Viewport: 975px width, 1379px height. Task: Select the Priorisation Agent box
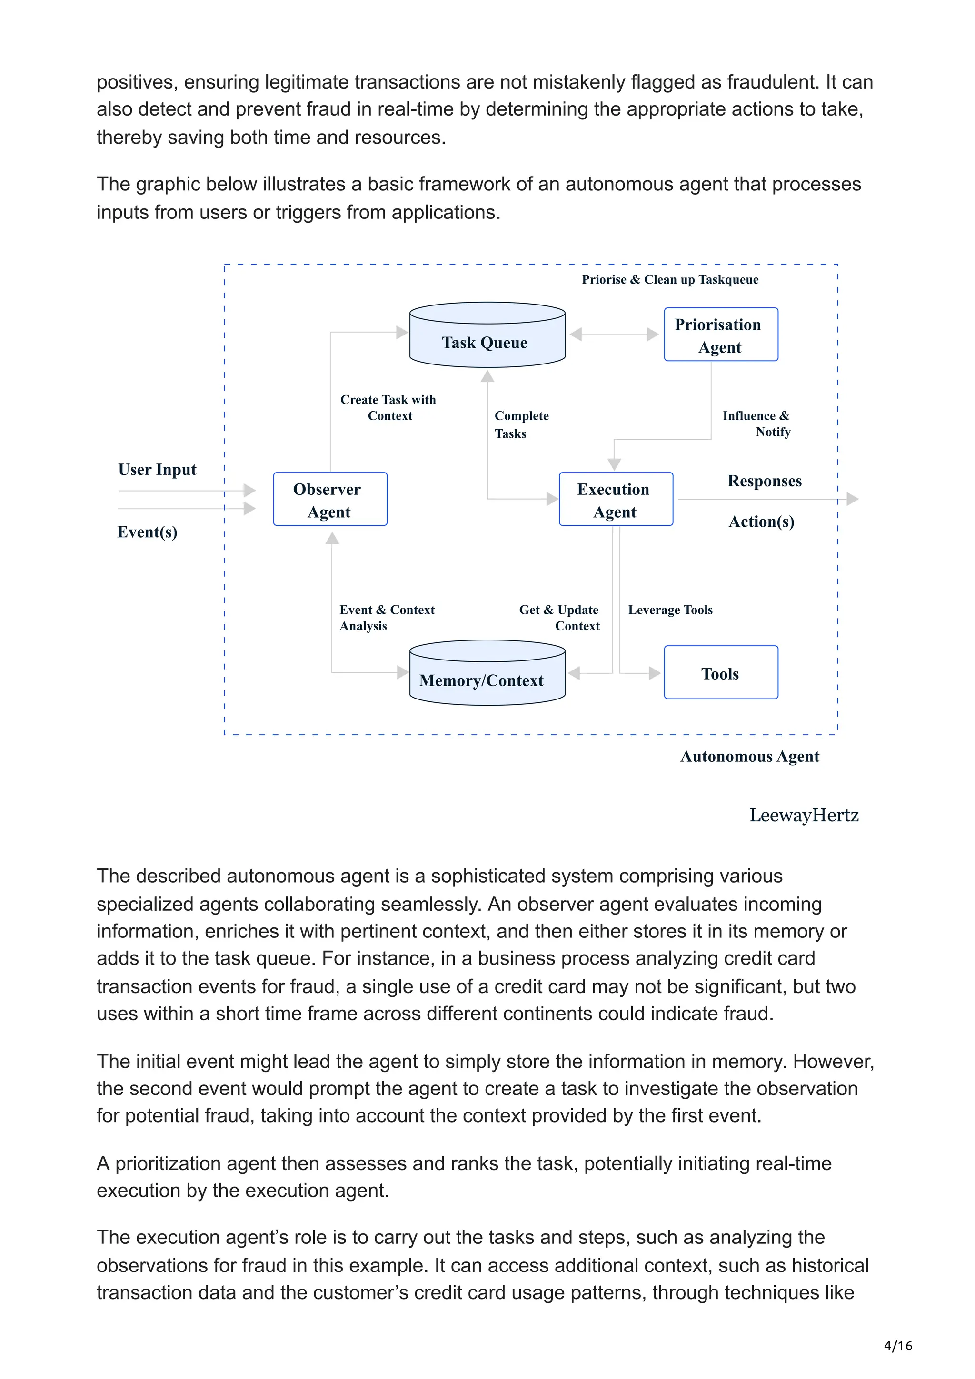point(720,335)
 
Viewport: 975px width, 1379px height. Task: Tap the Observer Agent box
point(330,499)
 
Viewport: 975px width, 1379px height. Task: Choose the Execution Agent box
point(615,499)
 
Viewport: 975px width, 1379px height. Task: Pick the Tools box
point(720,673)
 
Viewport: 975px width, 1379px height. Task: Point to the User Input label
point(158,469)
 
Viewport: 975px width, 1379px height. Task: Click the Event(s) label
point(147,532)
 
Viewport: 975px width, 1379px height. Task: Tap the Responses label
point(764,481)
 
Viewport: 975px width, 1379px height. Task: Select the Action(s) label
point(761,522)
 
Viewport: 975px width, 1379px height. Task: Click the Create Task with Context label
point(388,407)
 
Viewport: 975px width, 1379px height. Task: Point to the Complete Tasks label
point(521,424)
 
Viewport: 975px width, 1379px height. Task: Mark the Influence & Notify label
point(757,424)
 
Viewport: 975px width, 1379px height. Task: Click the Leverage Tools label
point(670,610)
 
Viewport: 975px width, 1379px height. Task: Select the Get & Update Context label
point(559,618)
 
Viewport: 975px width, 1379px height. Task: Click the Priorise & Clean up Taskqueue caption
point(670,279)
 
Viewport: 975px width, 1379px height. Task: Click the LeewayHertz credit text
point(803,815)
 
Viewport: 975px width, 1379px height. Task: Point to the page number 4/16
point(897,1345)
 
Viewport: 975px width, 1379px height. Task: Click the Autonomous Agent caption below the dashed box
point(749,756)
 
